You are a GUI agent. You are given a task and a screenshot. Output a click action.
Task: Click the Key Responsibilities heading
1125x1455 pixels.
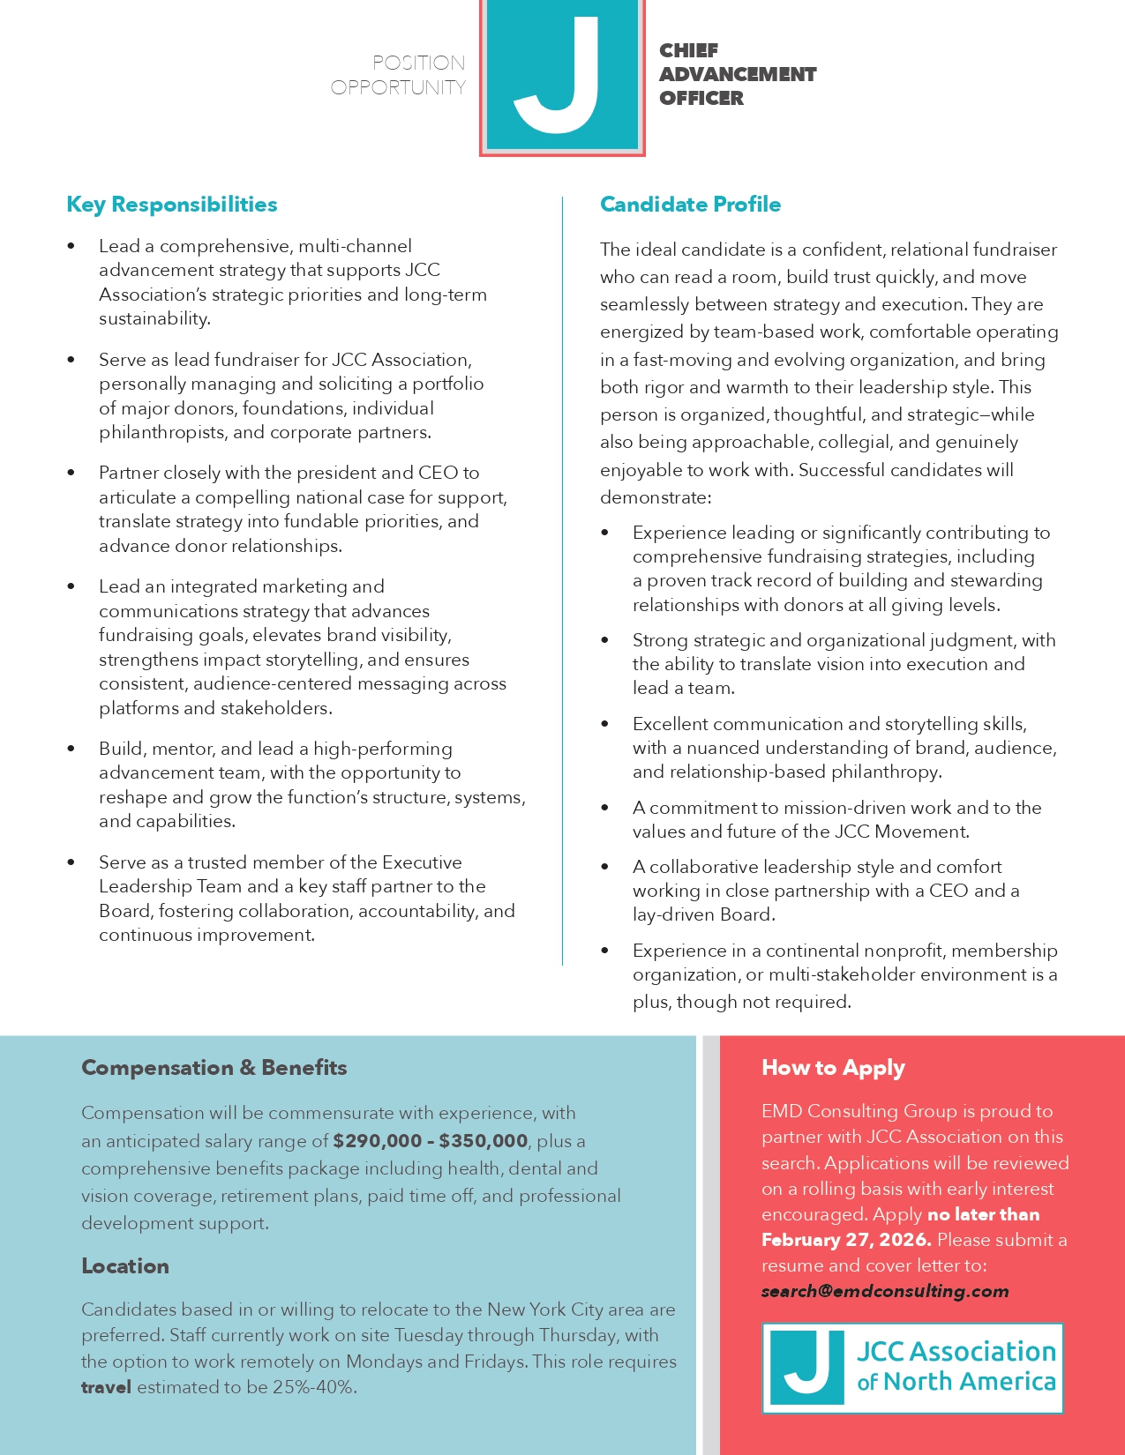tap(172, 205)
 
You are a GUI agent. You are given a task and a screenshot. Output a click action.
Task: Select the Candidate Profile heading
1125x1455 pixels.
tap(690, 205)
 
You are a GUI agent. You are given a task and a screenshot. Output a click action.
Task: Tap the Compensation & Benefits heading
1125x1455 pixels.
tap(214, 1068)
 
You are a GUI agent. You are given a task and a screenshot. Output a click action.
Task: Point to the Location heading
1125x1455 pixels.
tap(125, 1266)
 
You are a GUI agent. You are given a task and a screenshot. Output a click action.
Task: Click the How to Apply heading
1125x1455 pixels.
tap(833, 1068)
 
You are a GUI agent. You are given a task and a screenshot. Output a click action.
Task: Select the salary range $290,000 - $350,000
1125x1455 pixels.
tap(431, 1141)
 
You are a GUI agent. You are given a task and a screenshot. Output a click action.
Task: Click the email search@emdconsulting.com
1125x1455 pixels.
tap(885, 1291)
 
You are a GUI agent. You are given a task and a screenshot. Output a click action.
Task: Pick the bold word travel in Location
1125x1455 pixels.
tap(106, 1387)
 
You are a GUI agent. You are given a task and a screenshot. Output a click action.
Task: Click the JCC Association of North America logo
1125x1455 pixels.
tap(912, 1368)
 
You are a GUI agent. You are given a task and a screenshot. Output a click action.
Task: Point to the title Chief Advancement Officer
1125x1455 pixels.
tap(737, 74)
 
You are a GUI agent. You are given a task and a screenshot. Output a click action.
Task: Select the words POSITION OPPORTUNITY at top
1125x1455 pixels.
tap(399, 75)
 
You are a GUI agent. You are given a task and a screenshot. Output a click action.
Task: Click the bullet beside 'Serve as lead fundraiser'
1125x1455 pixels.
tap(71, 361)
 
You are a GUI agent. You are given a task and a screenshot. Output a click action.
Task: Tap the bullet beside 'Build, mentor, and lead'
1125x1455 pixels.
tap(71, 750)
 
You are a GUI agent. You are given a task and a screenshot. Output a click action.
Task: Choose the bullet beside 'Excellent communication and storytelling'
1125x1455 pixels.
tap(605, 725)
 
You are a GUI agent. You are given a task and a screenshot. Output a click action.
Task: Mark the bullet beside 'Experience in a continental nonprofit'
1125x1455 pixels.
tap(605, 951)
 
